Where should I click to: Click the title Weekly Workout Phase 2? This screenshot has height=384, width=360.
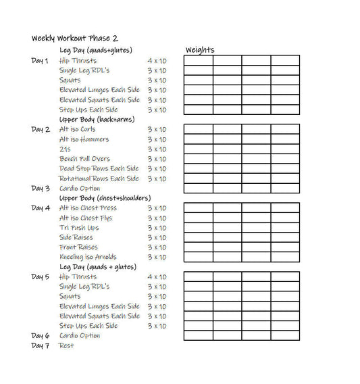pyautogui.click(x=74, y=38)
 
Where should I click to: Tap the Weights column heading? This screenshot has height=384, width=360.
pyautogui.click(x=200, y=50)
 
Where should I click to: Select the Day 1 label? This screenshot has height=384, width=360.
pyautogui.click(x=40, y=61)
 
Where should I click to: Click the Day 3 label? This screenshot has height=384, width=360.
pyautogui.click(x=40, y=189)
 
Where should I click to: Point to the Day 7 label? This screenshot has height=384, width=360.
pyautogui.click(x=40, y=345)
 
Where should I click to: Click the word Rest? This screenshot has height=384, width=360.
pyautogui.click(x=66, y=345)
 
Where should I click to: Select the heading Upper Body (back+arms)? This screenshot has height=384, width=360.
pyautogui.click(x=97, y=119)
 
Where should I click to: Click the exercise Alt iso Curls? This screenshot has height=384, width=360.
pyautogui.click(x=78, y=129)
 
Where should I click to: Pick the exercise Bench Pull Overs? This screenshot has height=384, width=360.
pyautogui.click(x=84, y=159)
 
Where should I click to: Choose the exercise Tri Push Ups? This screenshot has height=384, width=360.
pyautogui.click(x=79, y=228)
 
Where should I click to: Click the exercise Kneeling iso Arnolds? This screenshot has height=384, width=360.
pyautogui.click(x=88, y=257)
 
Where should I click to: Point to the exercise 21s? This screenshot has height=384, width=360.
pyautogui.click(x=65, y=149)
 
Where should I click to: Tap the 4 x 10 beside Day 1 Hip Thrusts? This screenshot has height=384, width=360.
pyautogui.click(x=157, y=61)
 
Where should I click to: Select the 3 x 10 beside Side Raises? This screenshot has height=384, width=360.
pyautogui.click(x=157, y=237)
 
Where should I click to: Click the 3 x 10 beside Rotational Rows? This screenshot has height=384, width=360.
pyautogui.click(x=157, y=178)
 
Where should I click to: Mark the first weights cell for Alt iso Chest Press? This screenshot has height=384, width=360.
pyautogui.click(x=198, y=208)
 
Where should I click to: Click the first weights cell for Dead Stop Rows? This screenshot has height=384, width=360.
pyautogui.click(x=198, y=168)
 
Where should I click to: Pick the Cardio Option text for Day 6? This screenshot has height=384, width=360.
pyautogui.click(x=80, y=335)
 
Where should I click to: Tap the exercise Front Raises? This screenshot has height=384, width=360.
pyautogui.click(x=78, y=247)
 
